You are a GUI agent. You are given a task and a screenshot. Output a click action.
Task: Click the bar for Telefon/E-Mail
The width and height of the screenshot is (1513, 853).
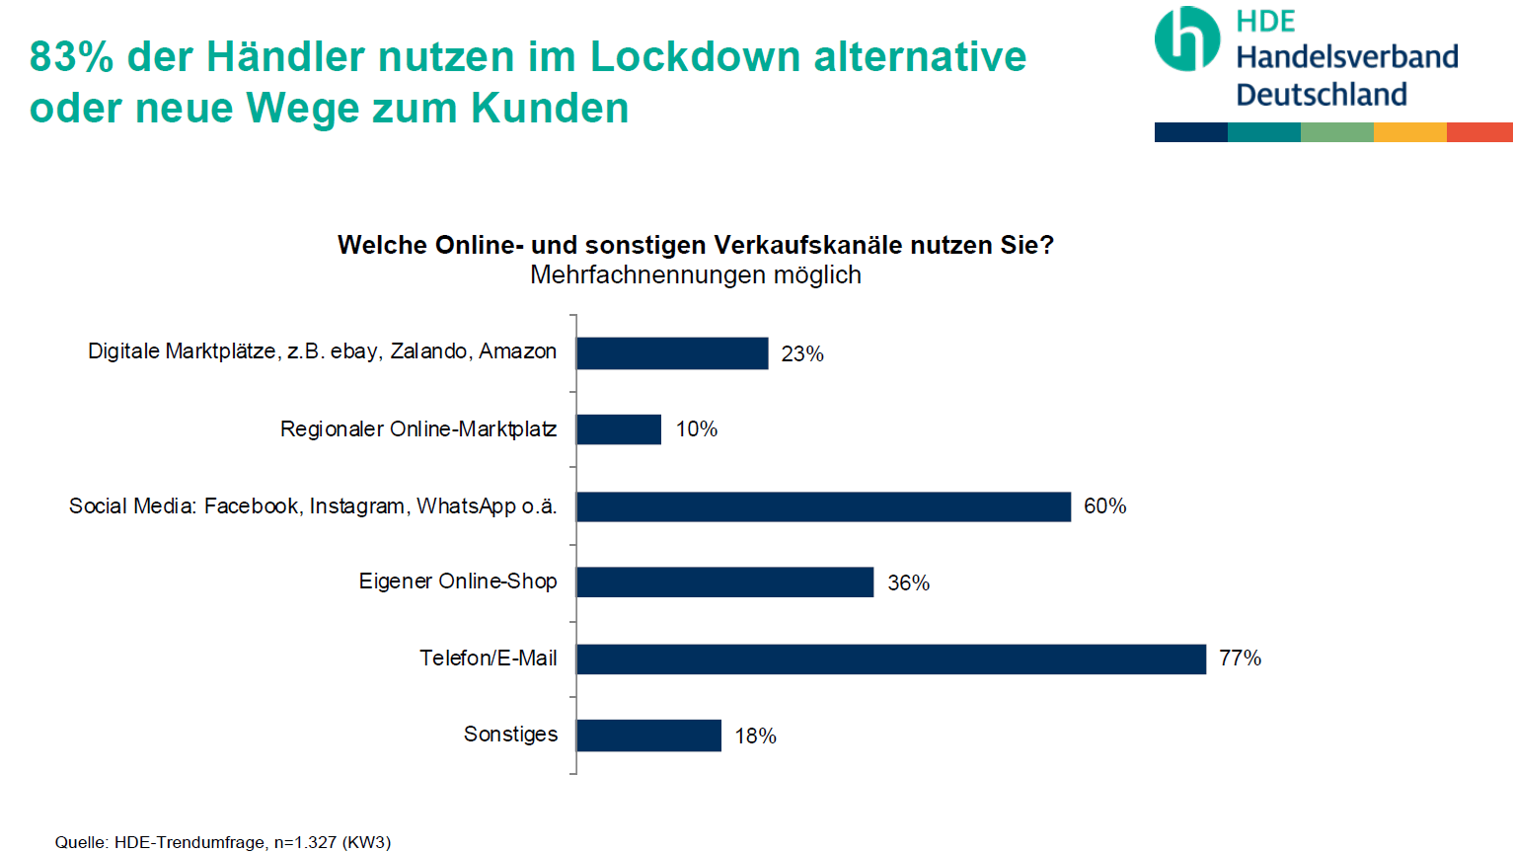pyautogui.click(x=890, y=659)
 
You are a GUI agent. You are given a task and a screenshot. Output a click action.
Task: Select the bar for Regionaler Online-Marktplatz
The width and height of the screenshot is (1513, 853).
pyautogui.click(x=619, y=429)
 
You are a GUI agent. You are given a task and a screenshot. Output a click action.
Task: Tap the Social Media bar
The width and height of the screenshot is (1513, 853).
pyautogui.click(x=823, y=506)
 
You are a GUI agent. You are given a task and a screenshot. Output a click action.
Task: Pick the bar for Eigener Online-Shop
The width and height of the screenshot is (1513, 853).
pyautogui.click(x=724, y=582)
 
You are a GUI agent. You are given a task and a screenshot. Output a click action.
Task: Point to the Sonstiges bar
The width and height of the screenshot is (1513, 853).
pyautogui.click(x=648, y=736)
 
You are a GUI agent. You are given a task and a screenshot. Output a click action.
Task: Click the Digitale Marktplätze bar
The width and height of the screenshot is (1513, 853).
pyautogui.click(x=672, y=353)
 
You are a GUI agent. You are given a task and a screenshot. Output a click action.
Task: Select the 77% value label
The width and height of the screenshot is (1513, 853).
pyautogui.click(x=1240, y=659)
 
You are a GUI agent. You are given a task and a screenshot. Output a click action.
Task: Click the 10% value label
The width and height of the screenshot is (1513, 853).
pyautogui.click(x=696, y=429)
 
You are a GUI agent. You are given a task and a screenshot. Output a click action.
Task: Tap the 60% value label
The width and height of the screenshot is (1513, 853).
pyautogui.click(x=1104, y=506)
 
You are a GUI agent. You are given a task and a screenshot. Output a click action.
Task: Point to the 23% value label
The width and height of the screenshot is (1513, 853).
pyautogui.click(x=801, y=354)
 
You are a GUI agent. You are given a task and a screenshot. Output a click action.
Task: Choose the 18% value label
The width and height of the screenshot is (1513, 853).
pyautogui.click(x=755, y=737)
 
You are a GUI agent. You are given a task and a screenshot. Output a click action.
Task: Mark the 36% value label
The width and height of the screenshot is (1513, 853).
pyautogui.click(x=908, y=583)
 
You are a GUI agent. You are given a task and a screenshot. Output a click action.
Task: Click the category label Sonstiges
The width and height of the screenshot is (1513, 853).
pyautogui.click(x=510, y=735)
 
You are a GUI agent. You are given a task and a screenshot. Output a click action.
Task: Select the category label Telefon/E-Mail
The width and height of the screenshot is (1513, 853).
pyautogui.click(x=488, y=659)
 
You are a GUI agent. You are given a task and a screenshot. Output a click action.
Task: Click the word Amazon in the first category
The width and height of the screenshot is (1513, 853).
pyautogui.click(x=517, y=351)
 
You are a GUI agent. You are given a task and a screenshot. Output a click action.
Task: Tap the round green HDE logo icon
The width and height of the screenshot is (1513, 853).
pyautogui.click(x=1187, y=39)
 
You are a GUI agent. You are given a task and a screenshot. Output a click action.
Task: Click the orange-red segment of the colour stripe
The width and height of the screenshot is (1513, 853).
pyautogui.click(x=1479, y=132)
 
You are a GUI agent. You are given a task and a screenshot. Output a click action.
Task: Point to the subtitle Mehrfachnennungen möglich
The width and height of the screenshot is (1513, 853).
pyautogui.click(x=695, y=275)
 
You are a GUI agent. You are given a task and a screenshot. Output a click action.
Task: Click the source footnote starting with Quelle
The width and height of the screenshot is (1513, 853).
pyautogui.click(x=223, y=842)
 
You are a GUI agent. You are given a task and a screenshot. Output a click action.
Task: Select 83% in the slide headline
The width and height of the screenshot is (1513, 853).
pyautogui.click(x=71, y=57)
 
